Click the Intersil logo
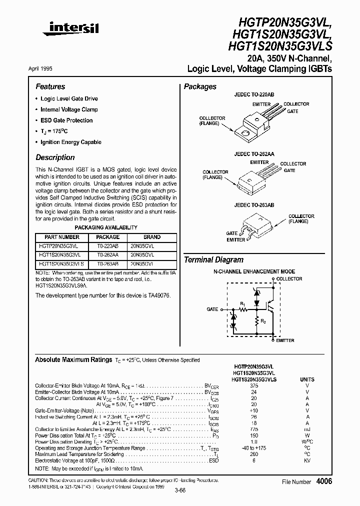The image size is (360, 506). point(70,30)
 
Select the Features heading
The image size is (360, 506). point(50,86)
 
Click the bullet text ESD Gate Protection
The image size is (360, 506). point(66,120)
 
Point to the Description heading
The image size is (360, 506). point(55,157)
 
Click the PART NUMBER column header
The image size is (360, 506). point(62,237)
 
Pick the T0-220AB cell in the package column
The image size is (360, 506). point(107,245)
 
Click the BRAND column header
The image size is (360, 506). point(152,237)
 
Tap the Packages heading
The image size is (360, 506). point(200,86)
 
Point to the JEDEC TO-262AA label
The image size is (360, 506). point(255,155)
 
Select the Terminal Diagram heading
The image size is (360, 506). point(214,260)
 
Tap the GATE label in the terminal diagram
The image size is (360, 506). point(212,309)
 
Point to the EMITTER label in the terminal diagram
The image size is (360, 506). point(285,340)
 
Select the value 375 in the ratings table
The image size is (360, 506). point(254,386)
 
